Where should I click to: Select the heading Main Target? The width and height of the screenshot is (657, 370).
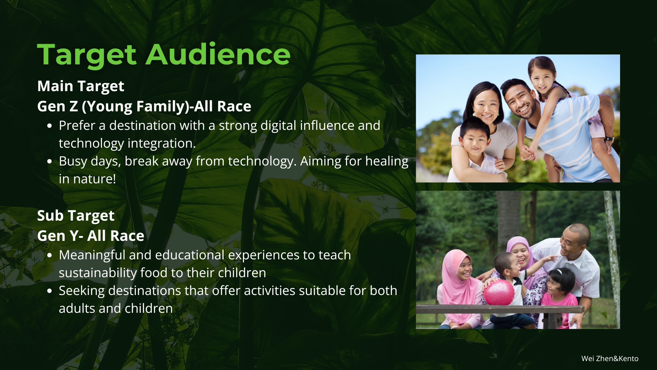coord(81,86)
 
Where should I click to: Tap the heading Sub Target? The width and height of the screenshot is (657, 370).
coord(76,216)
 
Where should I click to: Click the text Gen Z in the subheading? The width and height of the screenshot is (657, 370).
coord(57,106)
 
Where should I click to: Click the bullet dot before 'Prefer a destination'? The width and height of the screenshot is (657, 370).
coord(50,126)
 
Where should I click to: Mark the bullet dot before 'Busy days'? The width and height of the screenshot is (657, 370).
coord(50,161)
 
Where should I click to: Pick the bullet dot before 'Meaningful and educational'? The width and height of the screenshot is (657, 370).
coord(50,255)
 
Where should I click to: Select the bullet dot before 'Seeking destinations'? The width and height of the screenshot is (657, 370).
coord(50,291)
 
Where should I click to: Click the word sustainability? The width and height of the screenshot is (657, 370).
coord(98,273)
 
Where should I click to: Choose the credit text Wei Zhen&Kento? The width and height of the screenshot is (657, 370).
coord(610,358)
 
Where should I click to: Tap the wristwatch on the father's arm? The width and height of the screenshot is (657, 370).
coord(609,139)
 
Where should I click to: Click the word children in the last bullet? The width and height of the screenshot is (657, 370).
coord(149,309)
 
